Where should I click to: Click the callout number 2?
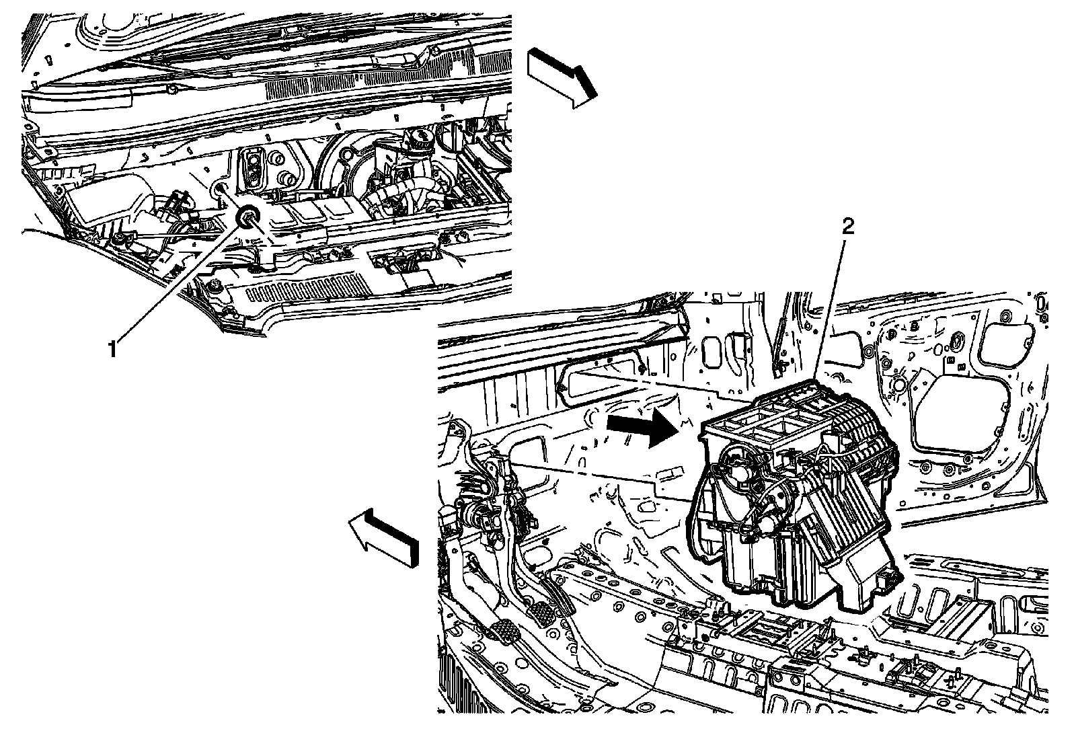(848, 227)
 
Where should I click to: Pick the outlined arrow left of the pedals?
(383, 536)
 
